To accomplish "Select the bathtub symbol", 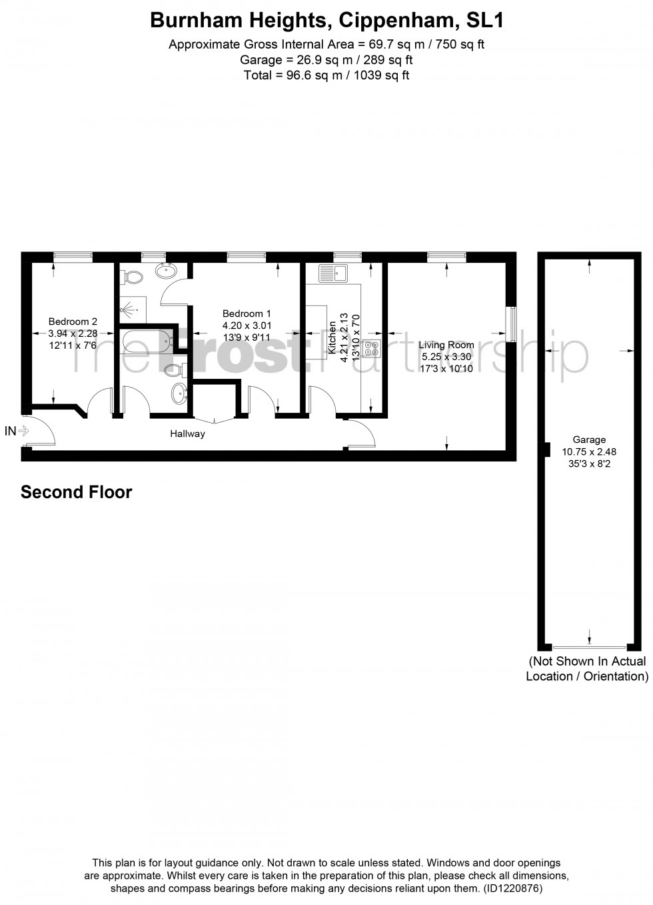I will click(x=146, y=342).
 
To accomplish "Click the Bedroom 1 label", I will click(x=247, y=313).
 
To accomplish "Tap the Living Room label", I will click(x=446, y=345).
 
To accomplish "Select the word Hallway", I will click(x=187, y=434).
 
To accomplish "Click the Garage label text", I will click(x=589, y=439).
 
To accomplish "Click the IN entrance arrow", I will click(x=23, y=431).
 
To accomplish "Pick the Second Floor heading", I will click(x=77, y=492).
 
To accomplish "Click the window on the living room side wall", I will click(x=511, y=324).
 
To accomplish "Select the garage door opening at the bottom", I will click(x=589, y=647).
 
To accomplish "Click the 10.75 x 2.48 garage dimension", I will click(x=589, y=451).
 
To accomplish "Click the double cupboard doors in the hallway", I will click(x=215, y=418).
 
